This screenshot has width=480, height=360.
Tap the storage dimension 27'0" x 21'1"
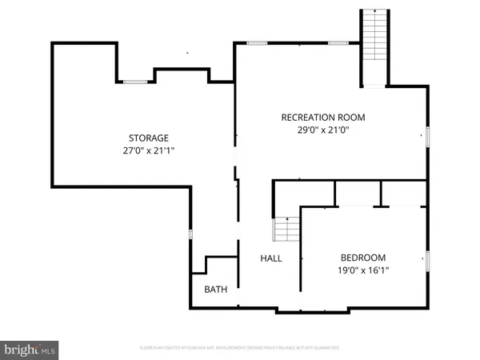coord(149,150)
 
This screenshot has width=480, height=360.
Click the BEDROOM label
coord(363,258)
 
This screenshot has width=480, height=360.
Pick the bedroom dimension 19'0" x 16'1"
coord(363,270)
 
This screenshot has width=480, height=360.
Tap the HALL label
coord(271,258)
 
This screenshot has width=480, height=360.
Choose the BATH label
coord(215,290)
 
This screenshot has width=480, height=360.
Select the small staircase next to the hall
coord(286,230)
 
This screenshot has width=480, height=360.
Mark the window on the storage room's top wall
coord(134,81)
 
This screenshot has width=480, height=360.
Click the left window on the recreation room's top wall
coord(257,42)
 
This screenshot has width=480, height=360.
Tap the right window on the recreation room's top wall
coord(338,42)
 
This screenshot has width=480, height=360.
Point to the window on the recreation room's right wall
coord(428,137)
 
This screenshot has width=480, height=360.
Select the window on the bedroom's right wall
coord(428,260)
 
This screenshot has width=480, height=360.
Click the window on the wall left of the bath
coord(190,234)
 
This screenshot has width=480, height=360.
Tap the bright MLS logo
coord(30,350)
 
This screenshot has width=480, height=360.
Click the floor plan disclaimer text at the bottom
coord(240,348)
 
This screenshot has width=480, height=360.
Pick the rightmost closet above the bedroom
coord(404,193)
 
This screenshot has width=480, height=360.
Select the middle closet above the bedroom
coord(358,193)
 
